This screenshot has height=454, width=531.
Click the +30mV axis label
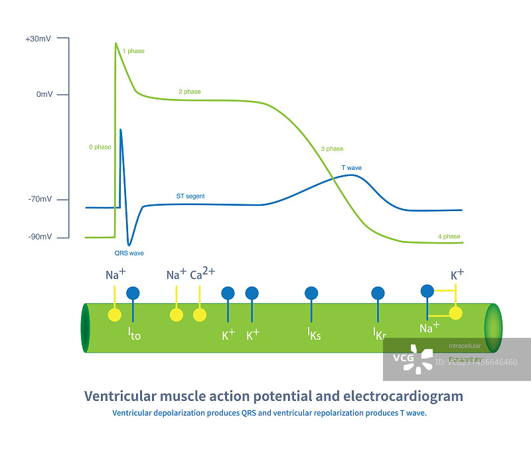37,39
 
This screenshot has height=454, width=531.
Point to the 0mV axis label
44,94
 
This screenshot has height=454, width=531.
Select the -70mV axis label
40,199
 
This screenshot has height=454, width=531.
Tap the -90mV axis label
40,237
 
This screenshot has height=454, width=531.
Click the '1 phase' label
133,51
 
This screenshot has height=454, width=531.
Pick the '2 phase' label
189,92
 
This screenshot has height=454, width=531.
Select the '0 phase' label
100,147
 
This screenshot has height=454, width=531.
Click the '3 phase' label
332,149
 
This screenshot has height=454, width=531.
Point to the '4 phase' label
449,236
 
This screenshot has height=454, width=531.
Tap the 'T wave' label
351,168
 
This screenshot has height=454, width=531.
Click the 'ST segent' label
190,196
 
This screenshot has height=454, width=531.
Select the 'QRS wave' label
129,253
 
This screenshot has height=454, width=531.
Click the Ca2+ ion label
202,274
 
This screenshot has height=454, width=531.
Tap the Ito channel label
134,333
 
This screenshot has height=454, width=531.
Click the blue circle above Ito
133,292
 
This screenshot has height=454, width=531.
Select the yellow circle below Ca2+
199,315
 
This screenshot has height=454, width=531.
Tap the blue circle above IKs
311,293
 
